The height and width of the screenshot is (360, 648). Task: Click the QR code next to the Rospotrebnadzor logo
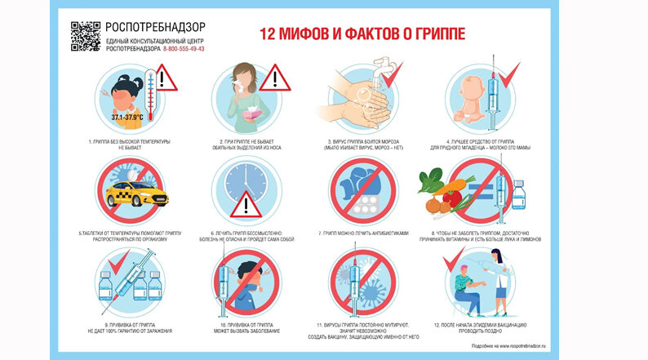tap(86, 37)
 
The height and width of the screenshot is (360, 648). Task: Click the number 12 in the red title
tap(269, 33)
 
